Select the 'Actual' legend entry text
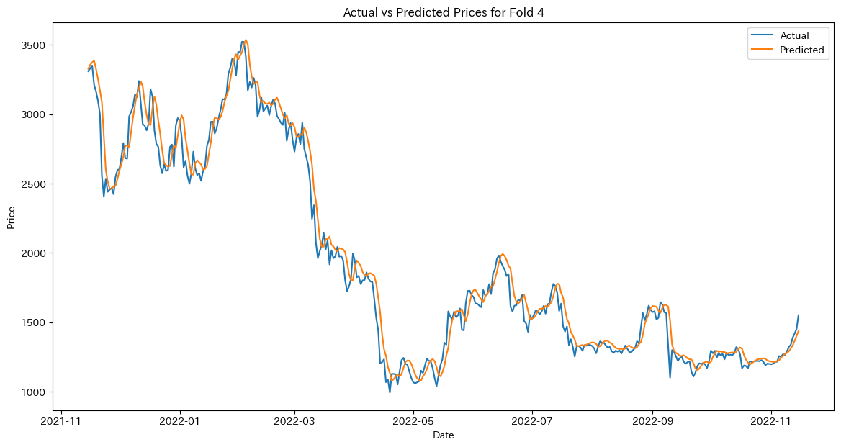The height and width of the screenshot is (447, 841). [794, 35]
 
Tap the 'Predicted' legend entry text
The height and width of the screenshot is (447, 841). [801, 50]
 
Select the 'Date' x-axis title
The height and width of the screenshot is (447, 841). [443, 435]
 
